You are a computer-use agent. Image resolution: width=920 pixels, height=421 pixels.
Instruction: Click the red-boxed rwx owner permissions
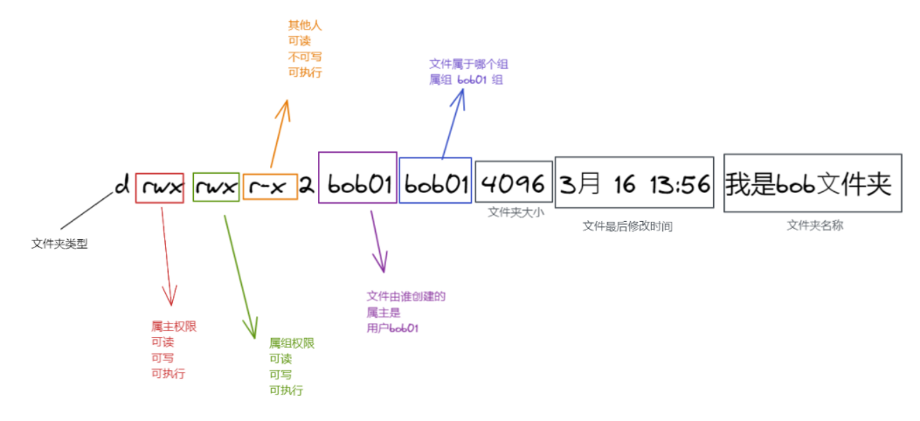pyautogui.click(x=159, y=185)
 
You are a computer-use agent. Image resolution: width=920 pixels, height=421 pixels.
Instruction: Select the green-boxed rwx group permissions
pyautogui.click(x=216, y=185)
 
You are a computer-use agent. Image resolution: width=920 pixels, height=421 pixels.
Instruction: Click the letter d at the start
pyautogui.click(x=121, y=185)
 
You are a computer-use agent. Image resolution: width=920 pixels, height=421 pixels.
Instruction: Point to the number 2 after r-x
pyautogui.click(x=307, y=185)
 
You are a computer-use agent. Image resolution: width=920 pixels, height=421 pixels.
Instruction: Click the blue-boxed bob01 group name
pyautogui.click(x=435, y=185)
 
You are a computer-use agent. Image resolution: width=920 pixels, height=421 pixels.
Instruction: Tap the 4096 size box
pyautogui.click(x=514, y=183)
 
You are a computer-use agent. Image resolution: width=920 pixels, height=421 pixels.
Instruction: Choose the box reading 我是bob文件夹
pyautogui.click(x=808, y=183)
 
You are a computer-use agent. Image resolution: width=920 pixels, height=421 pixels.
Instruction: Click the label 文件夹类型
pyautogui.click(x=59, y=244)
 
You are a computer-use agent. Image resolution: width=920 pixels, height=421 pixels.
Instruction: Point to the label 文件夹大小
pyautogui.click(x=515, y=211)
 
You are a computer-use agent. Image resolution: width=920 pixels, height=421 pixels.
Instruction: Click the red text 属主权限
pyautogui.click(x=174, y=326)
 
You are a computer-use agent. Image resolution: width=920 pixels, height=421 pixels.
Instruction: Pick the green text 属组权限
pyautogui.click(x=291, y=343)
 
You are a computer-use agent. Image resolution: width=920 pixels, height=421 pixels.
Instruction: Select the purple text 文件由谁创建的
pyautogui.click(x=406, y=297)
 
